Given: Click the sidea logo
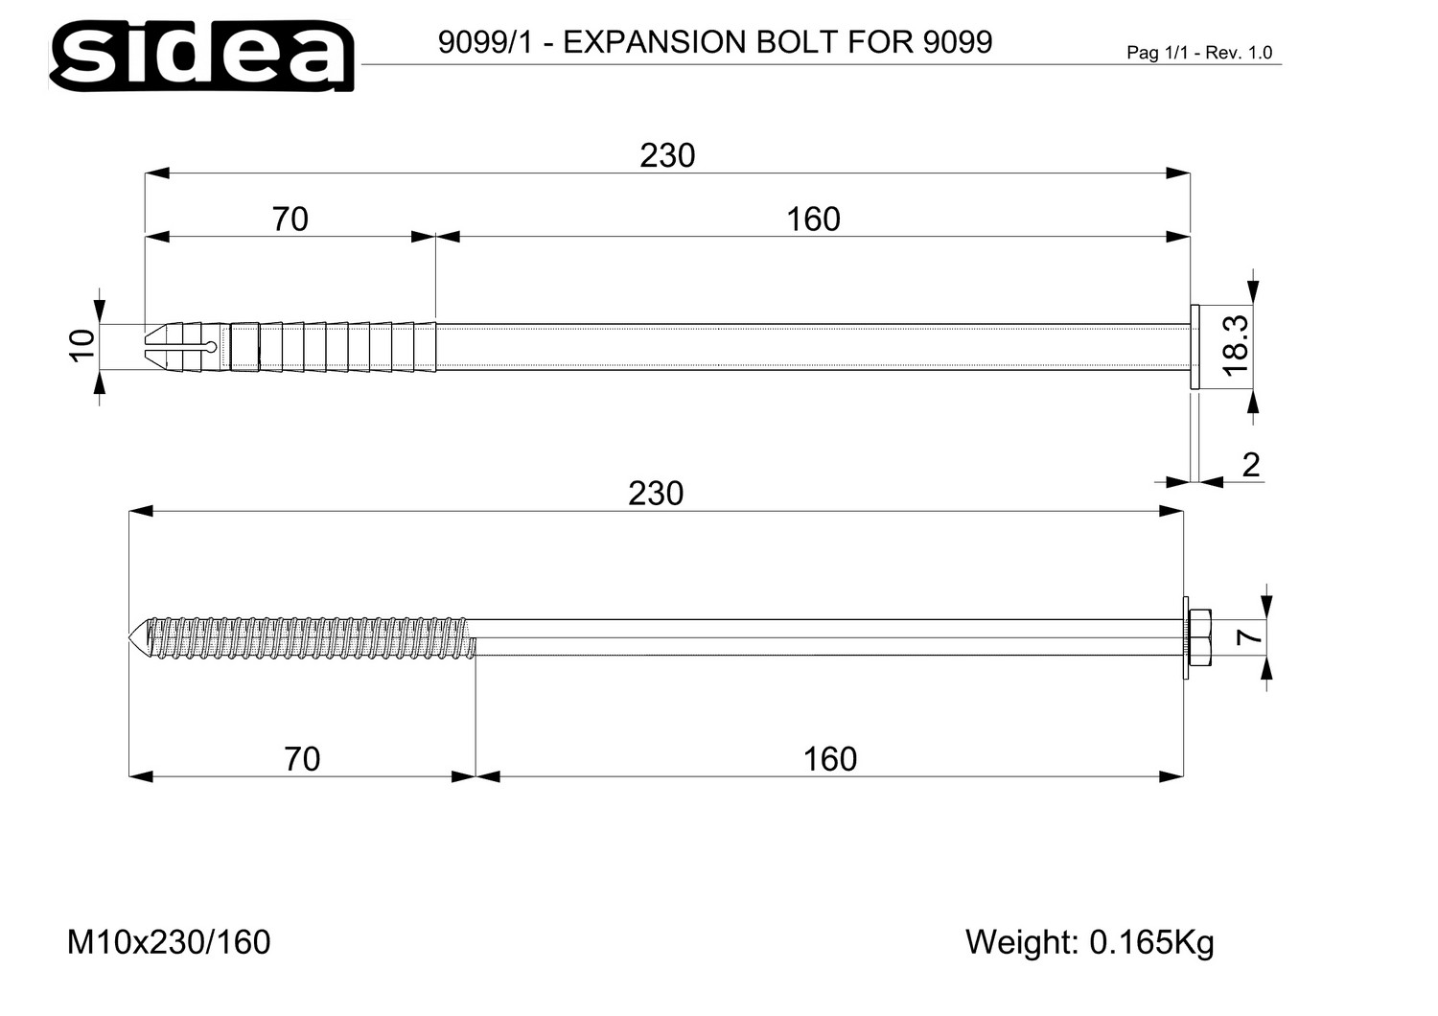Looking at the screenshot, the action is click(201, 56).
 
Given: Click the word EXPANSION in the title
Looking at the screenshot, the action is click(654, 42).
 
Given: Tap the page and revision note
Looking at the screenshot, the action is click(1199, 53).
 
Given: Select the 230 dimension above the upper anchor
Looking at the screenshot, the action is click(667, 156).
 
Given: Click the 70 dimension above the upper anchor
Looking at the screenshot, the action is click(290, 219).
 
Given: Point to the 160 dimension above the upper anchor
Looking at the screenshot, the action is click(813, 219).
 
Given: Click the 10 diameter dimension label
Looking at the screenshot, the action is click(82, 346).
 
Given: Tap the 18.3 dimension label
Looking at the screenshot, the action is click(1236, 346).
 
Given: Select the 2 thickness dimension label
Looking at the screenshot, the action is click(1251, 465).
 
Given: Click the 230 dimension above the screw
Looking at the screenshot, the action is click(656, 495).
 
